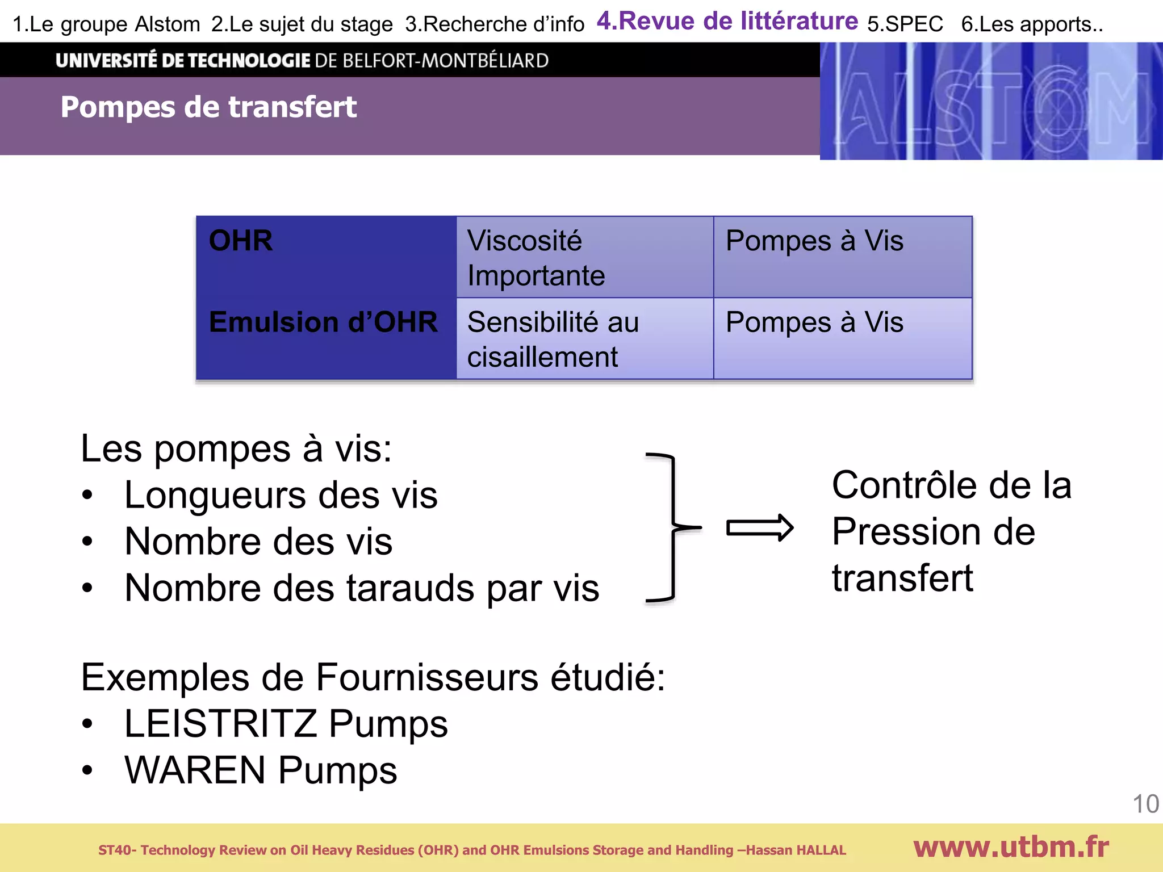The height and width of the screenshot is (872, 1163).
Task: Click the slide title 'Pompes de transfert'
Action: [208, 107]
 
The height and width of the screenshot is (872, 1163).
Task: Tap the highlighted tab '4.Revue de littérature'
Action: [727, 22]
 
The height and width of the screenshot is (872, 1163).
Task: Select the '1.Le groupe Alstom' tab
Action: [106, 24]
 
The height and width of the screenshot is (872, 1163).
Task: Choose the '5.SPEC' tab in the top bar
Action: [905, 24]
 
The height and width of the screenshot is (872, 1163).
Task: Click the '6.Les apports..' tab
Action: [1032, 24]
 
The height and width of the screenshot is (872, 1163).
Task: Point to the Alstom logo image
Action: [991, 101]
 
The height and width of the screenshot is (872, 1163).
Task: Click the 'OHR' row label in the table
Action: [241, 241]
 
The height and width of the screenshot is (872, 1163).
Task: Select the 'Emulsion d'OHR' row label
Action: [323, 322]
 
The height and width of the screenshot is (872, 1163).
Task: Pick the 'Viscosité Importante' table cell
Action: [536, 258]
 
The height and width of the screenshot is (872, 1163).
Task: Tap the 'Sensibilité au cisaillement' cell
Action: [553, 339]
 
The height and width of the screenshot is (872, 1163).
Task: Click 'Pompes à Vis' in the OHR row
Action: [814, 241]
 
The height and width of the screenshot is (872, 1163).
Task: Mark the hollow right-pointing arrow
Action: [760, 529]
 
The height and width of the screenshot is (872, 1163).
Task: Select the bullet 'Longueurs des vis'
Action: [281, 495]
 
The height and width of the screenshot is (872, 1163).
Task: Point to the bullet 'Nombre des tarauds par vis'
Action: [361, 588]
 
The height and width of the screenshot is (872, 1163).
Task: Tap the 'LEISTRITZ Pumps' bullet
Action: [286, 724]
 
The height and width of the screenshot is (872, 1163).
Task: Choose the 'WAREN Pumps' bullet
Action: [261, 770]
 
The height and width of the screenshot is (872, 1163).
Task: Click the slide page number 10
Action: [1145, 804]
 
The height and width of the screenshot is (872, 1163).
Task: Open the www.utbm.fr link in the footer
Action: [1011, 848]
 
